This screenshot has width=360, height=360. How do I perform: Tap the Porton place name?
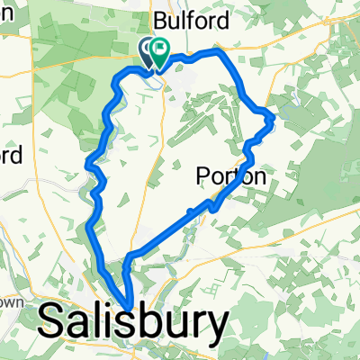(231, 177)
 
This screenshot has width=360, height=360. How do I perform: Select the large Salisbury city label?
(133, 320)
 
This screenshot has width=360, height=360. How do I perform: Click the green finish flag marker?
(160, 53)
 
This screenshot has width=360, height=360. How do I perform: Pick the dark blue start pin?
(147, 51)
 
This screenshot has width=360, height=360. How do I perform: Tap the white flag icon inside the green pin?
(161, 50)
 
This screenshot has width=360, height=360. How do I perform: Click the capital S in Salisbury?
(56, 320)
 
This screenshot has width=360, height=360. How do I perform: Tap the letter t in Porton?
(235, 177)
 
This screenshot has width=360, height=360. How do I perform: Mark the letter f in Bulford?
(191, 19)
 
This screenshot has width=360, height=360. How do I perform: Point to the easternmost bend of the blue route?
(272, 114)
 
